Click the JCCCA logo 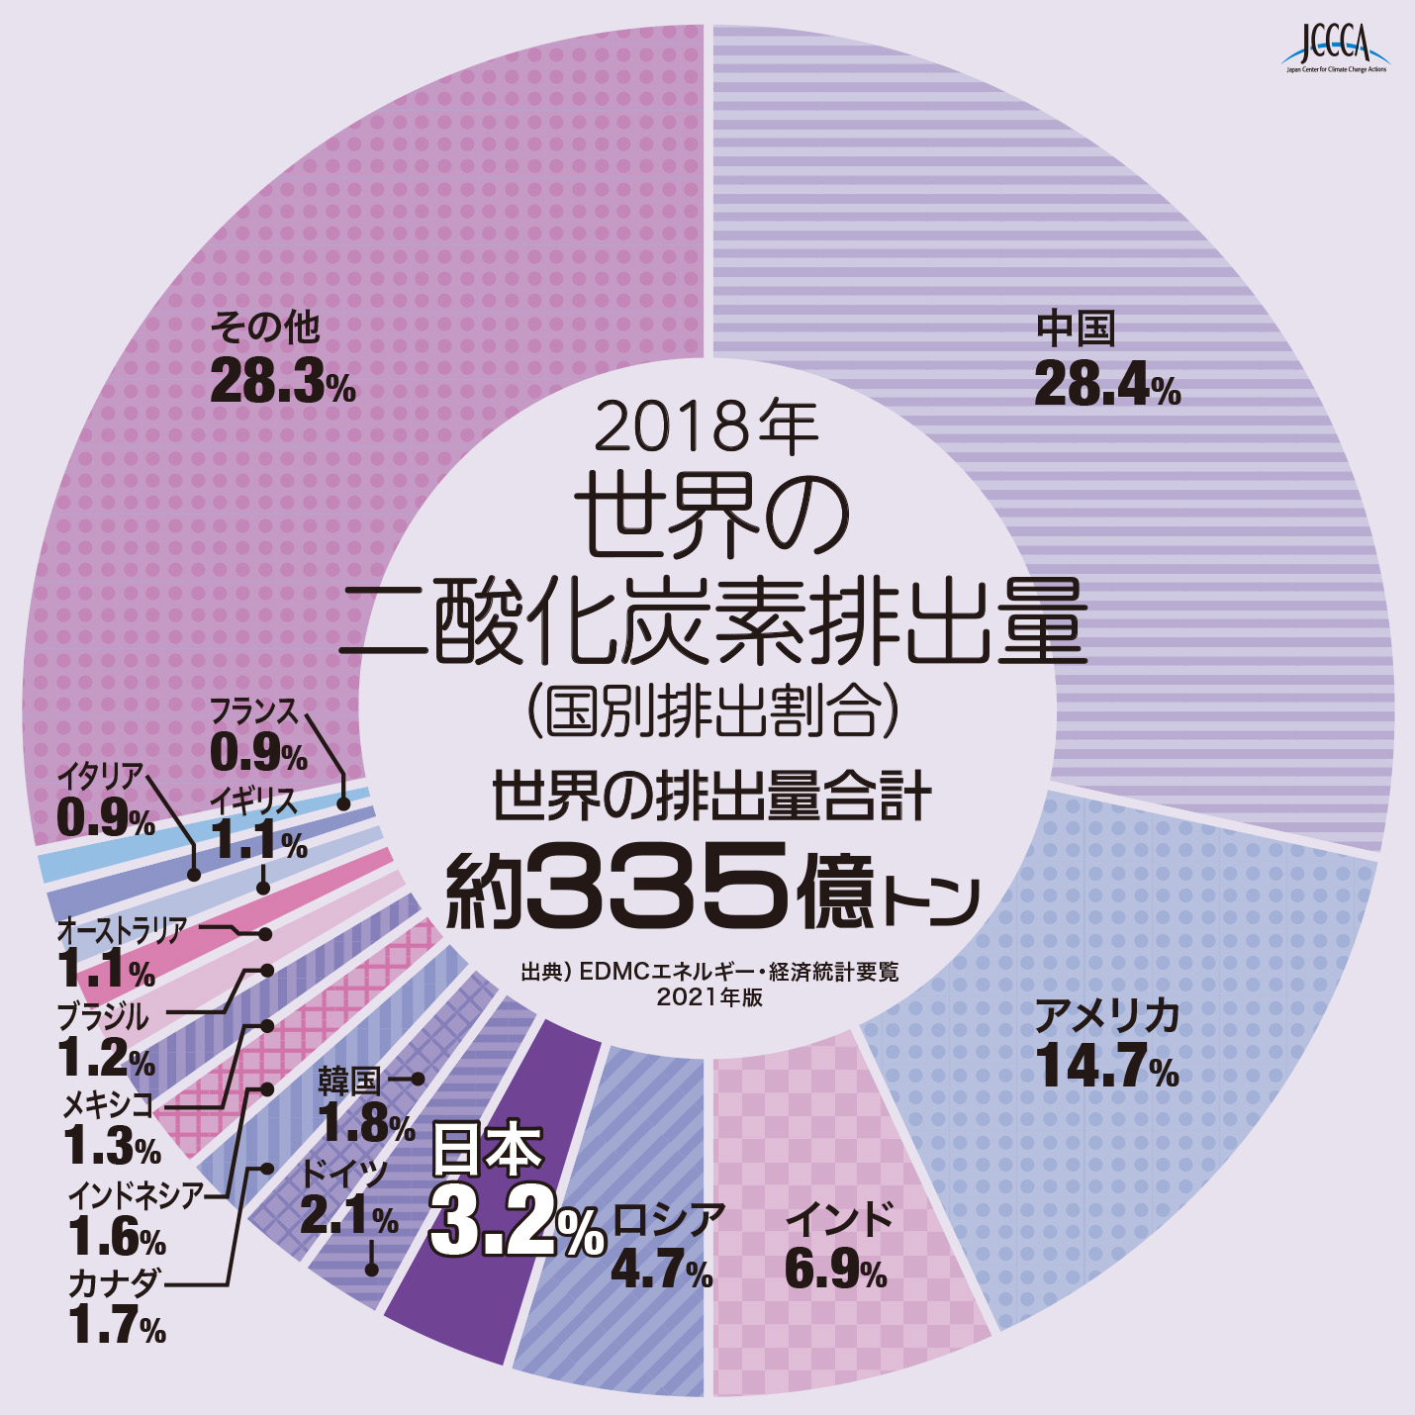pyautogui.click(x=1337, y=47)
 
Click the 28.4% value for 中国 pyautogui.click(x=1107, y=384)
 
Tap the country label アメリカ pyautogui.click(x=1106, y=1016)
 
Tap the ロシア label pyautogui.click(x=669, y=1219)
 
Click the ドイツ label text pyautogui.click(x=344, y=1174)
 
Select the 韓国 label pyautogui.click(x=348, y=1082)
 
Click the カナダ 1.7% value pyautogui.click(x=117, y=1326)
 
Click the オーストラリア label pyautogui.click(x=122, y=930)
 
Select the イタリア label pyautogui.click(x=100, y=777)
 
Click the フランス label pyautogui.click(x=253, y=710)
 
